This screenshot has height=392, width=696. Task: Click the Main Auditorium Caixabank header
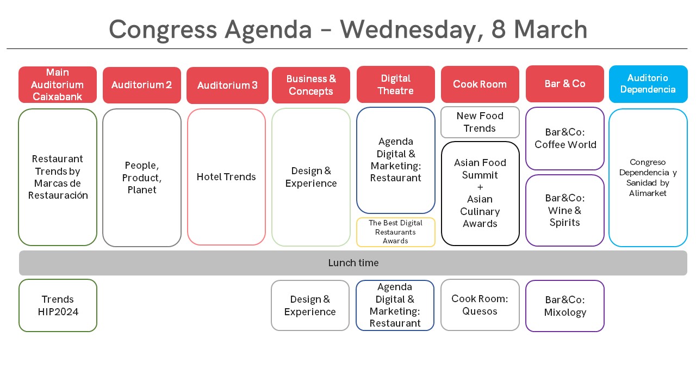pyautogui.click(x=58, y=84)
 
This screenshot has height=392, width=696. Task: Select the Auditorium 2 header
pyautogui.click(x=142, y=85)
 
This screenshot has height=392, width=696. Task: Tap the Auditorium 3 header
pyautogui.click(x=227, y=85)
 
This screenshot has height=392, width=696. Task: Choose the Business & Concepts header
pyautogui.click(x=311, y=85)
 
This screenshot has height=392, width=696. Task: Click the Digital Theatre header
pyautogui.click(x=395, y=84)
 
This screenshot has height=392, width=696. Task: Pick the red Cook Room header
pyautogui.click(x=480, y=84)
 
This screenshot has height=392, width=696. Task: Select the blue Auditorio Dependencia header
pyautogui.click(x=648, y=84)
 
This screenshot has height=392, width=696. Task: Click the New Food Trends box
pyautogui.click(x=480, y=122)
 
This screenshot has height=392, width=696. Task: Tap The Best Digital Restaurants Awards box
pyautogui.click(x=395, y=232)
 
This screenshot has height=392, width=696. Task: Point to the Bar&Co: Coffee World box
pyautogui.click(x=565, y=138)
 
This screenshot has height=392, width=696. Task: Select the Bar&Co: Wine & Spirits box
pyautogui.click(x=565, y=210)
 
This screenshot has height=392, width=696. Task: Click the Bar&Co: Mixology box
pyautogui.click(x=565, y=306)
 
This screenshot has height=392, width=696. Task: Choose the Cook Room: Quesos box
pyautogui.click(x=480, y=305)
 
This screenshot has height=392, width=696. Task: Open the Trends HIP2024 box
pyautogui.click(x=58, y=305)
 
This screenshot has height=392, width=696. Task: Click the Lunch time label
pyautogui.click(x=353, y=263)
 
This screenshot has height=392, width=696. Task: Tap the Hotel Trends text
pyautogui.click(x=226, y=177)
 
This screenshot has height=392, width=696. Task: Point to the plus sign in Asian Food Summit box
pyautogui.click(x=480, y=187)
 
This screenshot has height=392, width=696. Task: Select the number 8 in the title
pyautogui.click(x=499, y=29)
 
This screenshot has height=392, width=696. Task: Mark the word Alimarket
pyautogui.click(x=648, y=193)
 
